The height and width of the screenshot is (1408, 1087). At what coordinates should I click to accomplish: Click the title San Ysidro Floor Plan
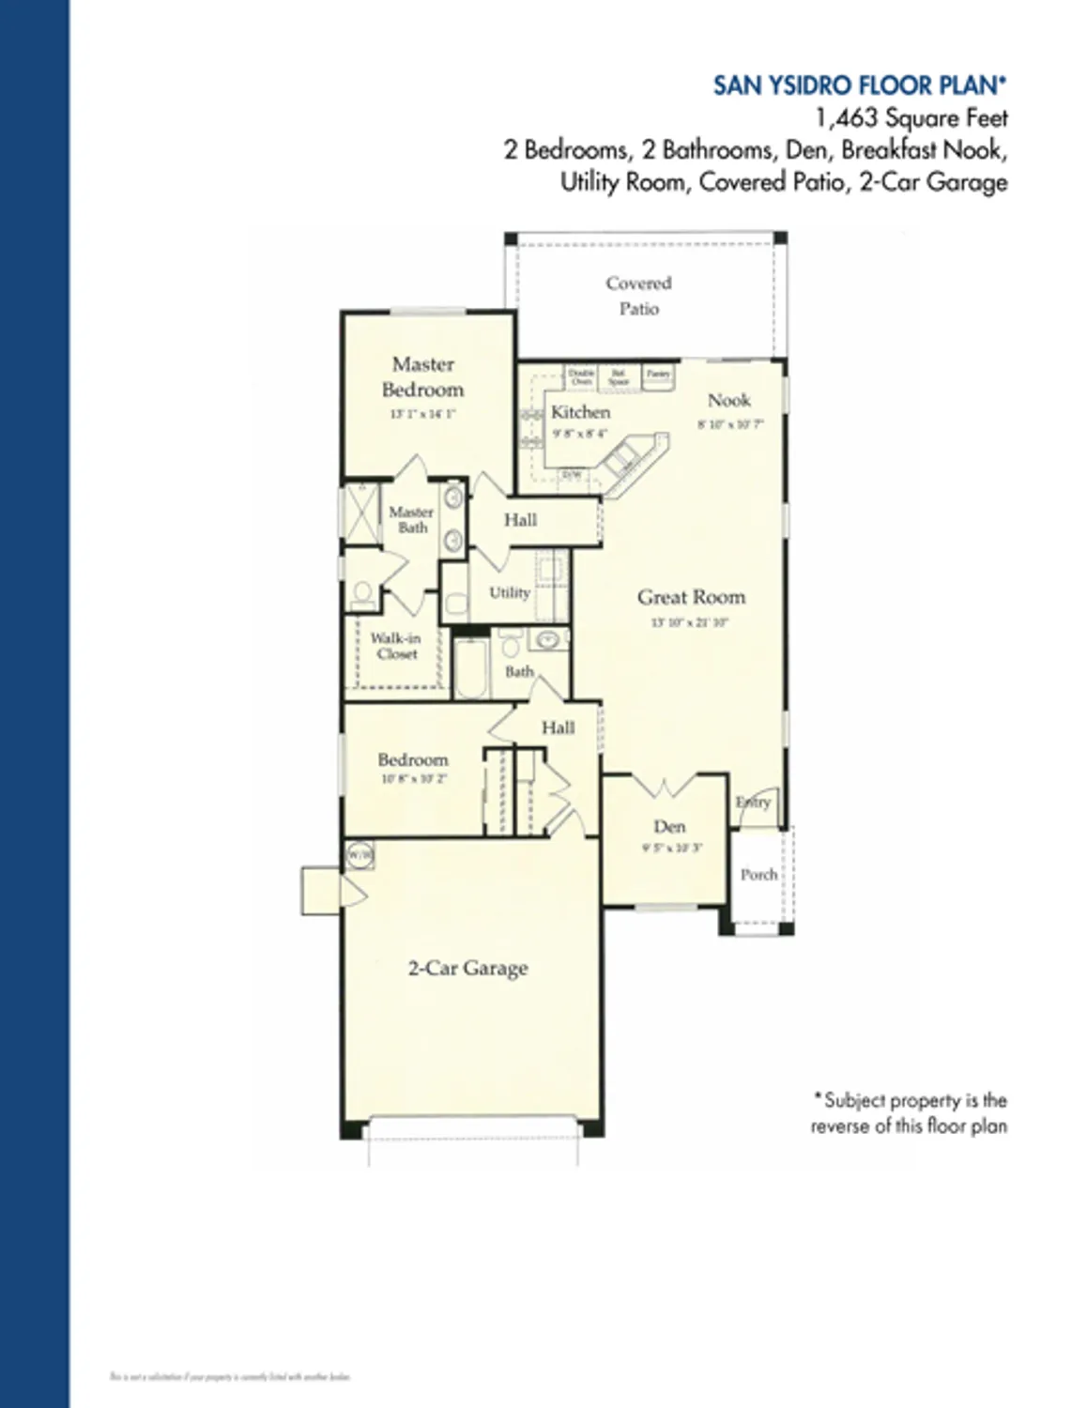coord(859,85)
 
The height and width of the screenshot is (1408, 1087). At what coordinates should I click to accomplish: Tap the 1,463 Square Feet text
coord(911,118)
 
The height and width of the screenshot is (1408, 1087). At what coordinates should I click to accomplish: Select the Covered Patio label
coord(638,296)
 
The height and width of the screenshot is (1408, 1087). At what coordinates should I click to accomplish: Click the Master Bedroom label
coord(422,377)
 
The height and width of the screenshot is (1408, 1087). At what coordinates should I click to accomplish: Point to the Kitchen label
coord(580,412)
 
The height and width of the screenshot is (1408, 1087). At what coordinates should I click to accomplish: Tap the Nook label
coord(728,400)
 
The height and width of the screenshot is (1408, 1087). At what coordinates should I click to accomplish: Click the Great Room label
coord(691,597)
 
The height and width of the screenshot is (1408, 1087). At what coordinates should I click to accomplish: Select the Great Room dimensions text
coord(690,622)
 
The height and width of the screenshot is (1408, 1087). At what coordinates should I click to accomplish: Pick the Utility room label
coord(510,592)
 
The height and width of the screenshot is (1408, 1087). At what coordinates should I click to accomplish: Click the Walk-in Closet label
coord(395,646)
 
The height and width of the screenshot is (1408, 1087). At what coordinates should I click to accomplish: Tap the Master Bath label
coord(411,519)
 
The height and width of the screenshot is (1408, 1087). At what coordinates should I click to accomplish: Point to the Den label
coord(669,827)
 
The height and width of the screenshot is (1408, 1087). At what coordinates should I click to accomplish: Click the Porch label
coord(758,875)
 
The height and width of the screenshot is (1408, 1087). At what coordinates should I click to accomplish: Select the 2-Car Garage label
coord(467,968)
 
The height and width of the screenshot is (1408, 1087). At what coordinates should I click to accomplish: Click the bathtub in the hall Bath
coord(470,667)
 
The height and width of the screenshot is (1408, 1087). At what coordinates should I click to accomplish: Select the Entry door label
coord(753,802)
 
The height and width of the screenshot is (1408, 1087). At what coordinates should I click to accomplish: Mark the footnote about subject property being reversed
coord(909,1112)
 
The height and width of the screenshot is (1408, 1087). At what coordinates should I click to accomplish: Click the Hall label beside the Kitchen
coord(520,520)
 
